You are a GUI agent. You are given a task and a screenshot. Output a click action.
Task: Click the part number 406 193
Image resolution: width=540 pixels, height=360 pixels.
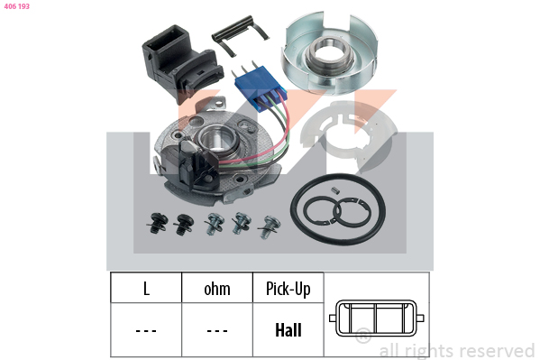pos(16,6)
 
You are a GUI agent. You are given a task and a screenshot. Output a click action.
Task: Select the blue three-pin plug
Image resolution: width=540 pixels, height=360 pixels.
pos(261,88)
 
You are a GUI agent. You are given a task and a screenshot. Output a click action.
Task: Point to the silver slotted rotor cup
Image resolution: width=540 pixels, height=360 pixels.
pos(330,53)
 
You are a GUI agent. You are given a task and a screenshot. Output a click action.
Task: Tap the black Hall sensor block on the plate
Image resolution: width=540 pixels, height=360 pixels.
pos(197,165)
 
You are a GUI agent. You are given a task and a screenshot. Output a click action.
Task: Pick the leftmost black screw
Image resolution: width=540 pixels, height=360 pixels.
pos(158,223)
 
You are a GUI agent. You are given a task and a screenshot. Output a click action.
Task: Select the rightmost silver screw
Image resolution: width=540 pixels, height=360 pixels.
pos(270,226)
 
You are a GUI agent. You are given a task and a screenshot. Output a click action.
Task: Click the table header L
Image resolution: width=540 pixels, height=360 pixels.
pos(146,289)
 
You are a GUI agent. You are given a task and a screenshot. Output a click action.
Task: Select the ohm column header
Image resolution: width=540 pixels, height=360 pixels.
pos(217,289)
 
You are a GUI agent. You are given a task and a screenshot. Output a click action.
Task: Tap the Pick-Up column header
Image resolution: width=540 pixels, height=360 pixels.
pos(288,289)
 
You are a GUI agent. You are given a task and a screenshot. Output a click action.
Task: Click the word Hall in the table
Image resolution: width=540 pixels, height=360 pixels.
pos(288,330)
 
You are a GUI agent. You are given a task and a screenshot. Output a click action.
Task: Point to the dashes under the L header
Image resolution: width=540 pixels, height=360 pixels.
pos(146,331)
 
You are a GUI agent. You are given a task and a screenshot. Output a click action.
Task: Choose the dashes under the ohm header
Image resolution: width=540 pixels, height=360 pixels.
pos(217,331)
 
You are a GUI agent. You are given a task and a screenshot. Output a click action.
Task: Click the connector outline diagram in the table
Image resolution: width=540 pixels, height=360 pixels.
pos(377,318)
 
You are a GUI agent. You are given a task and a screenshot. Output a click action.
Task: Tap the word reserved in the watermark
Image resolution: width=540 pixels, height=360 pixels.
pos(498,351)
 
